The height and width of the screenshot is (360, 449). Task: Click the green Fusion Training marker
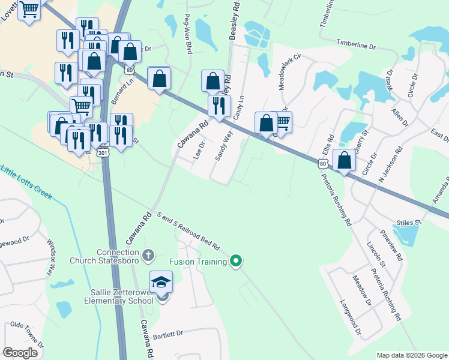(x=236, y=261)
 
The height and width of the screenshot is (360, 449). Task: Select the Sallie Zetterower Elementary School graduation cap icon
(x=161, y=283)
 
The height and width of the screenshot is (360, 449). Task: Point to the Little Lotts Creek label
(x=27, y=182)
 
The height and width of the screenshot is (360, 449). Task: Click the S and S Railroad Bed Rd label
(x=188, y=232)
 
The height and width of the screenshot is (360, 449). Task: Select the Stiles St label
(x=409, y=223)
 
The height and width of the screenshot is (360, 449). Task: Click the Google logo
(x=20, y=353)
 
